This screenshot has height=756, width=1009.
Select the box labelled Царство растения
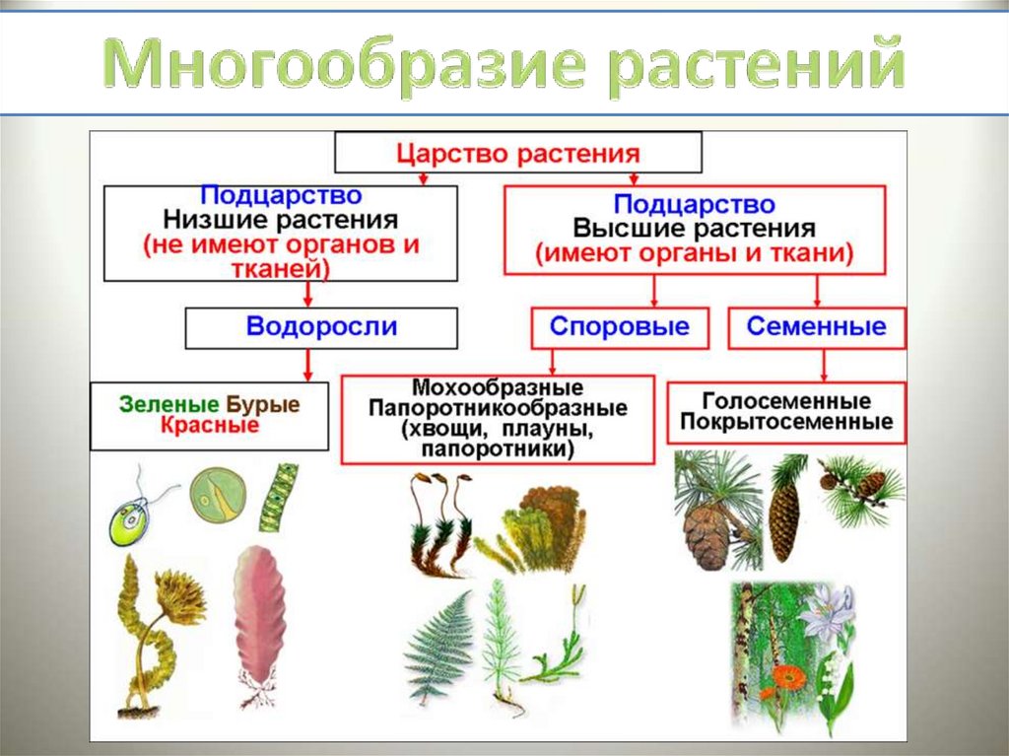(518, 154)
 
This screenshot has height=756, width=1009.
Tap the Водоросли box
(321, 327)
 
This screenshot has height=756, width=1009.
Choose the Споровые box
(620, 327)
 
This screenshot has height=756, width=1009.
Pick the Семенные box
(816, 327)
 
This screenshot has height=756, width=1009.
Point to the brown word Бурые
(263, 404)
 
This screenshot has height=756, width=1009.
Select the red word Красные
(209, 426)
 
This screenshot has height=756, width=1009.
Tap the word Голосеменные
(786, 401)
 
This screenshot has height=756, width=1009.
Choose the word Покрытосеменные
(786, 423)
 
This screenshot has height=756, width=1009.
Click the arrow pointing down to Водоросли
(308, 294)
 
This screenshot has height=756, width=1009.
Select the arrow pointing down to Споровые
(653, 292)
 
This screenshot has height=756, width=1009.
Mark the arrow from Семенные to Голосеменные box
(825, 366)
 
